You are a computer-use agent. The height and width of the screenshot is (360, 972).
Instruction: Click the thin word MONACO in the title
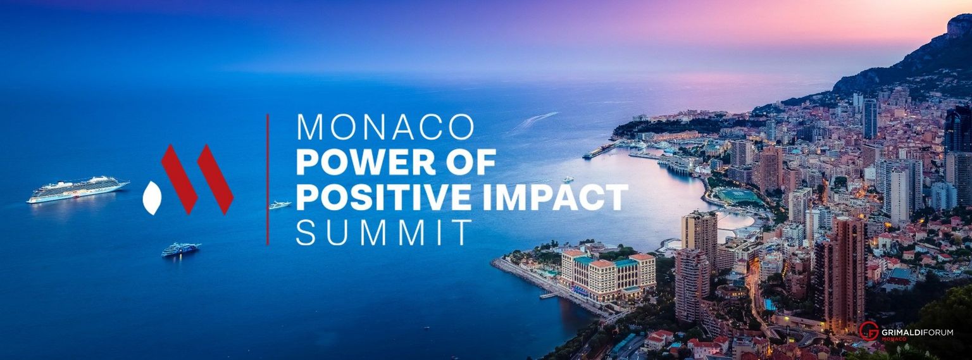pyautogui.click(x=385, y=128)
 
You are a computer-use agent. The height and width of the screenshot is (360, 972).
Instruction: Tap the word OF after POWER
pyautogui.click(x=473, y=163)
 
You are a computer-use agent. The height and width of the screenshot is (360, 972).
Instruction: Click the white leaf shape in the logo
pyautogui.click(x=153, y=197)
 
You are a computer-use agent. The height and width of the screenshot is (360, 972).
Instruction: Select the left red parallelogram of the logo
pyautogui.click(x=179, y=178)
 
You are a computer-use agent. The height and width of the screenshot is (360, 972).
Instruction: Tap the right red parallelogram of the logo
pyautogui.click(x=215, y=178)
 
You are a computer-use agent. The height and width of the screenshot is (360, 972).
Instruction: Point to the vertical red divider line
pyautogui.click(x=268, y=179)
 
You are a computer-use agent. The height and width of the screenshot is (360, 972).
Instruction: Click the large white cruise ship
pyautogui.click(x=77, y=189)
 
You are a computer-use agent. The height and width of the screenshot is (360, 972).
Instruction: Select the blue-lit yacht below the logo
pyautogui.click(x=180, y=249)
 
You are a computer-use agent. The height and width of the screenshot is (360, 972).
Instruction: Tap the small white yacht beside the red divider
pyautogui.click(x=280, y=204)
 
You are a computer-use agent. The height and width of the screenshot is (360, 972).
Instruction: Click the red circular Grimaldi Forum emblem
pyautogui.click(x=869, y=331)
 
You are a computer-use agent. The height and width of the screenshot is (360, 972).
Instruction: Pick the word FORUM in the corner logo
pyautogui.click(x=938, y=332)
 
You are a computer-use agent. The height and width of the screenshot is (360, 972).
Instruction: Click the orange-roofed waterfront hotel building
pyautogui.click(x=607, y=272)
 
